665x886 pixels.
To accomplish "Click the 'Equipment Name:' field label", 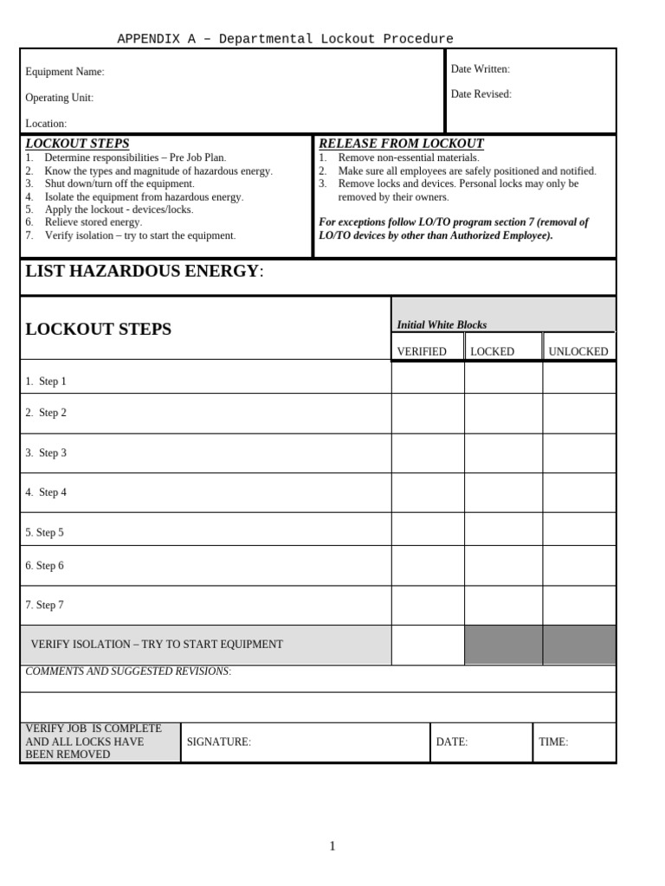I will pos(64,72).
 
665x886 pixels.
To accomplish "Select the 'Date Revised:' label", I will pos(481,94).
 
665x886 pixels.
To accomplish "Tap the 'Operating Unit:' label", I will pos(59,98).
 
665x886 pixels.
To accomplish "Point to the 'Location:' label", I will pos(46,124).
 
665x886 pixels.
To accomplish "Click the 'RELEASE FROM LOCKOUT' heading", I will pos(401,144).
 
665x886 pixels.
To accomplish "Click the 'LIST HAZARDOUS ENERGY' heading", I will pos(142,272).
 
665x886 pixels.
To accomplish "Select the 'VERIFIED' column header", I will pos(422,351).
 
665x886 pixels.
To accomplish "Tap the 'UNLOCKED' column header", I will pos(578,351).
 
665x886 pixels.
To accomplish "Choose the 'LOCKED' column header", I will pos(492,351).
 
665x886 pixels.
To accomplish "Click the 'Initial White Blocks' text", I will pos(442,325).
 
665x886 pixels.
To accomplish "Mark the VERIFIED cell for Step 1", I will pos(428,378).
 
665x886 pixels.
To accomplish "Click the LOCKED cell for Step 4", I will pos(503,492).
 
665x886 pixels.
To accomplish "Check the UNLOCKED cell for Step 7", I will pos(579,605).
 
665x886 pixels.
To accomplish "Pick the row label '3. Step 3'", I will pos(46,453).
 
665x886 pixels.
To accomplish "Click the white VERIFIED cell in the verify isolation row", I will pos(428,645).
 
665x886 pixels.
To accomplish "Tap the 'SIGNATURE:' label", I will pos(218,742).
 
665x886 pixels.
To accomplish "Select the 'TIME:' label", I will pos(553,742).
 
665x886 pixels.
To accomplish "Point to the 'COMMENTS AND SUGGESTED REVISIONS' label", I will pos(128,671).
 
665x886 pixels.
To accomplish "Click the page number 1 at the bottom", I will pos(332,846).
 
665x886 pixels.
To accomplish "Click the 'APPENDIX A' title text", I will pos(285,39).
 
